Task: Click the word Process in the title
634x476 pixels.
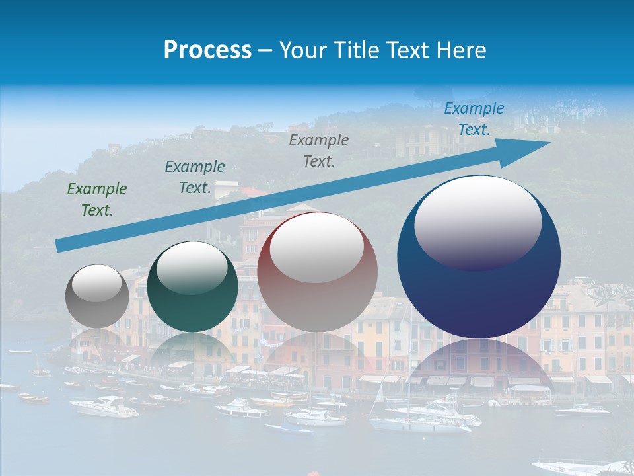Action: (207, 50)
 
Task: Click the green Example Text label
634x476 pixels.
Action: (97, 200)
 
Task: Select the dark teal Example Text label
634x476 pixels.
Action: (195, 177)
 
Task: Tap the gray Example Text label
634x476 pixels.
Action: (319, 150)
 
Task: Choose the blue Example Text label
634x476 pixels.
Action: (474, 119)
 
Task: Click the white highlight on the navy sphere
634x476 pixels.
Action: (477, 221)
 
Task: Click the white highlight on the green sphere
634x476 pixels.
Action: (192, 267)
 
